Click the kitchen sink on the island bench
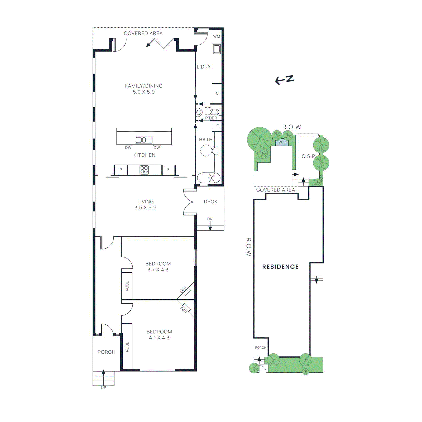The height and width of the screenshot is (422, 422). coord(143,140)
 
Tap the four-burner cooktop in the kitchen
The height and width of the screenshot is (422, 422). coord(144,170)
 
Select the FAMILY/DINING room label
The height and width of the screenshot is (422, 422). coord(144,86)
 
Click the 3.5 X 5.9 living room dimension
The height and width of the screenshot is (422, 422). coord(145,208)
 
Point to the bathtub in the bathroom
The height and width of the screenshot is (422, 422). coord(208,178)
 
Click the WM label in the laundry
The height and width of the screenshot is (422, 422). coord(217,36)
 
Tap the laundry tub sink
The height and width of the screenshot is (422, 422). coord(217,49)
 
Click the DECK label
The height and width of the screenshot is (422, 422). coord(210,202)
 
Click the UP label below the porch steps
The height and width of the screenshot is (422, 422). coord(103,387)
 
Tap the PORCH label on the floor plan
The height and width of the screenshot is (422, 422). coord(106,352)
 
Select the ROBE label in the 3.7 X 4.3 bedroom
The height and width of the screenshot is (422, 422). coord(127,286)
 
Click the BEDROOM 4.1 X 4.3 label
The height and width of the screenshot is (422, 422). coord(159,334)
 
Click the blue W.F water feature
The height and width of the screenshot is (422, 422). coord(282,142)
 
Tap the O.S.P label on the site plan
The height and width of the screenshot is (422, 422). coord(308,156)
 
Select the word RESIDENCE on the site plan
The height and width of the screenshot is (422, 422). coord(280,267)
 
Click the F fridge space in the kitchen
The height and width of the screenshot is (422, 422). coord(168,170)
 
